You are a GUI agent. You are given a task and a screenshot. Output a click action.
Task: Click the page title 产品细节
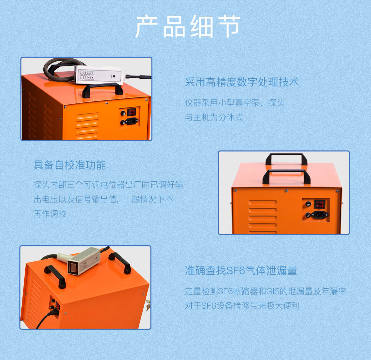(188, 26)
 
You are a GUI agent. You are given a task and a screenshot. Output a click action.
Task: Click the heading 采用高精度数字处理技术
(242, 82)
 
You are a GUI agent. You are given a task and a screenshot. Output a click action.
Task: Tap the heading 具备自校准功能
(69, 165)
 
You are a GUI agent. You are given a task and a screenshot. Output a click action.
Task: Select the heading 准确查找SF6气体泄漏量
(241, 270)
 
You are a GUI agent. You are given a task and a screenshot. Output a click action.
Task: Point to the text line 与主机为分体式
(214, 117)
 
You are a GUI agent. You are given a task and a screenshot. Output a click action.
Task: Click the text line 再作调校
(50, 214)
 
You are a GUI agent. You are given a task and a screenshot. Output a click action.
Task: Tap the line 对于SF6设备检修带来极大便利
(242, 306)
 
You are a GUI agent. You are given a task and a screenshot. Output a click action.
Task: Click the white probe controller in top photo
(99, 75)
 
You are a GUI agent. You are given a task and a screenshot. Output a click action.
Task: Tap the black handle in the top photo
(102, 90)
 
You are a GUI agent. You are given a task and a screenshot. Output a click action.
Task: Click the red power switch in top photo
(132, 112)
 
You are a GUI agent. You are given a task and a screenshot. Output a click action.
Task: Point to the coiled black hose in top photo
(62, 69)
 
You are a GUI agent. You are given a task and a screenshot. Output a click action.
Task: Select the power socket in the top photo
(131, 121)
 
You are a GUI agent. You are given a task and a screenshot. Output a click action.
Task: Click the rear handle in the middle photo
(286, 159)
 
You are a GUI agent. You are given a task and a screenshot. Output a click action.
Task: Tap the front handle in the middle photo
(286, 176)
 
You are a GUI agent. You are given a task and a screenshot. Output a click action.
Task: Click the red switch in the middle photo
(319, 204)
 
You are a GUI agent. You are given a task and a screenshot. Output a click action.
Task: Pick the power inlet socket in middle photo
(319, 215)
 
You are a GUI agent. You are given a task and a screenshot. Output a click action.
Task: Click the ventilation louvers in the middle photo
(263, 217)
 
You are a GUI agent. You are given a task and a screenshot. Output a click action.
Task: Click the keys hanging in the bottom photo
(148, 305)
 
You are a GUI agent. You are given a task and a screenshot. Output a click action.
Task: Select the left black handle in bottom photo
(55, 276)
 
